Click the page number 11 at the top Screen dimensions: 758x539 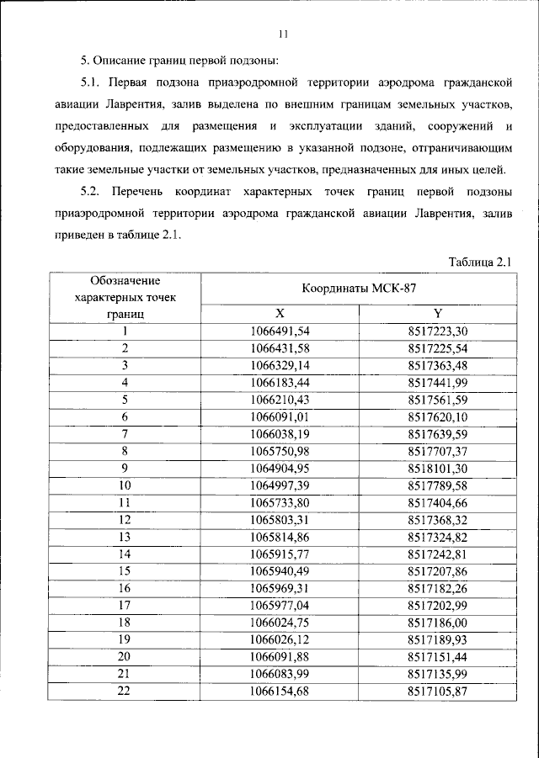point(283,34)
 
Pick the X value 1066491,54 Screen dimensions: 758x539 point(280,331)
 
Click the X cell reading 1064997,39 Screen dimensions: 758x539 point(280,485)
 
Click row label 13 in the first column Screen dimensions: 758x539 point(125,537)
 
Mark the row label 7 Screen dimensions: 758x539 point(125,433)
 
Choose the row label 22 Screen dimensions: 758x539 point(125,692)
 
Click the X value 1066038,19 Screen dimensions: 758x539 point(280,433)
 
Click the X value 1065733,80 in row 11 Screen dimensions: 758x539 point(280,502)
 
